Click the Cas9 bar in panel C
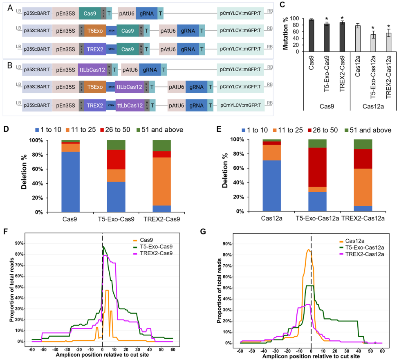point(311,36)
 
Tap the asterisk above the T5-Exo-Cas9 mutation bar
point(326,19)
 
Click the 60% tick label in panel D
point(39,169)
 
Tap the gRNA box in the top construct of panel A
point(147,13)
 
